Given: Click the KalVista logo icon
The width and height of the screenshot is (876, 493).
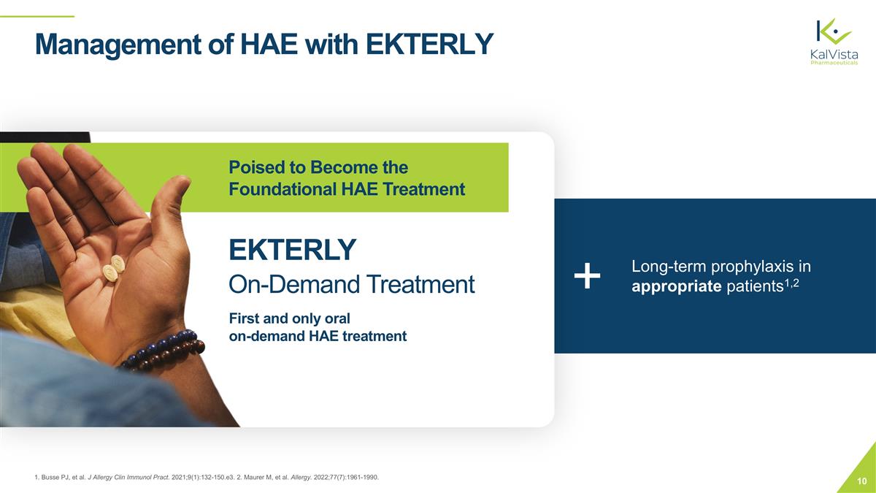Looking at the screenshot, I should pyautogui.click(x=833, y=32).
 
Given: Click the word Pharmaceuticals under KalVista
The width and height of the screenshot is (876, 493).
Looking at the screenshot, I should pyautogui.click(x=834, y=63).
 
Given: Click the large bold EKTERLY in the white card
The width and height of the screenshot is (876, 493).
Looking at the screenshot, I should pyautogui.click(x=292, y=250).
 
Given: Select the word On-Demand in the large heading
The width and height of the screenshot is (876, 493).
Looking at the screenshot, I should pyautogui.click(x=288, y=284).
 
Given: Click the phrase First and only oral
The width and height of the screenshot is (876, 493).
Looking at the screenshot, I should pyautogui.click(x=290, y=318).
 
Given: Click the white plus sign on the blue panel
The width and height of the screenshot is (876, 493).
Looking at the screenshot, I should pyautogui.click(x=587, y=277).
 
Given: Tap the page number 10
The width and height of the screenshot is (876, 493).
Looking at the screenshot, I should pyautogui.click(x=861, y=481).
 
